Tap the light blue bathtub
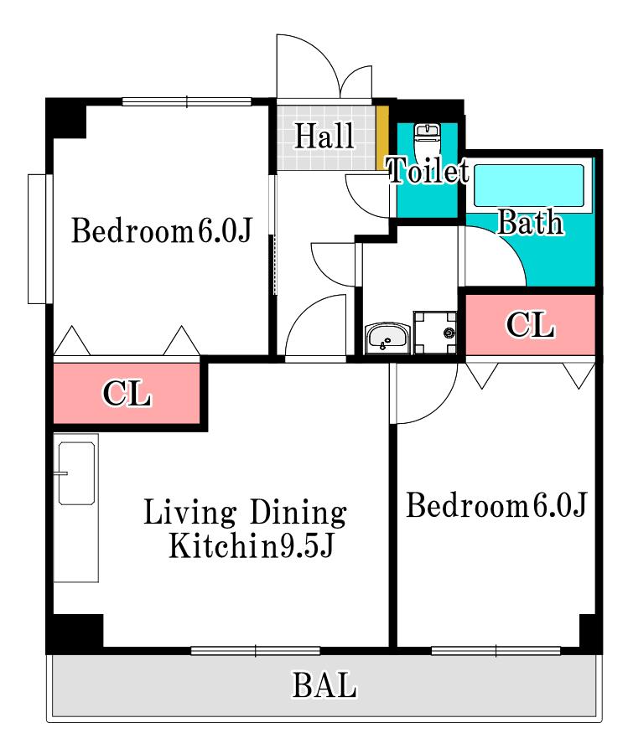click(528, 186)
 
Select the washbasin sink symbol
click(387, 338)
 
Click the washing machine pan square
click(435, 333)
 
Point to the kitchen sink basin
click(76, 473)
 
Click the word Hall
click(324, 136)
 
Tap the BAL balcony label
click(324, 684)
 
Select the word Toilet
click(428, 170)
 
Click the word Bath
click(530, 222)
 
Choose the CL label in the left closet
click(127, 394)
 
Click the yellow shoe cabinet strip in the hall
click(382, 137)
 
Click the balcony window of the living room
click(256, 651)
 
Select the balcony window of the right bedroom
click(496, 651)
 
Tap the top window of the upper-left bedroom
click(187, 101)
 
